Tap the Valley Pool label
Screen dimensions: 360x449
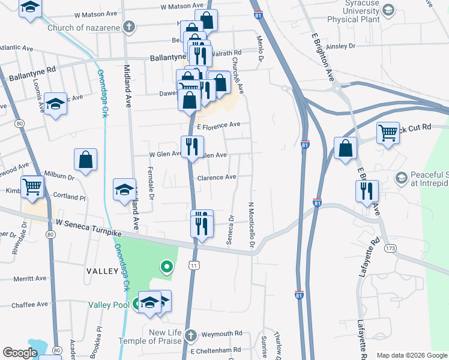(110, 305)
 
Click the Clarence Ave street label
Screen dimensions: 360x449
(217, 178)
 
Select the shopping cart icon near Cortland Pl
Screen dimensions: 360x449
(32, 186)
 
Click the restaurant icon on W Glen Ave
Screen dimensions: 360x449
(192, 147)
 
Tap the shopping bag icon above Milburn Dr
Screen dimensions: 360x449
(85, 160)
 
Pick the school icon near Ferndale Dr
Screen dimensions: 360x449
(124, 190)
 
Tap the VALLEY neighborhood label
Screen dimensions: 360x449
(103, 271)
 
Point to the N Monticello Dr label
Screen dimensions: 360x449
(252, 225)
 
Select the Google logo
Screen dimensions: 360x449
(20, 353)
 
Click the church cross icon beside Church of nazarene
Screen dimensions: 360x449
(128, 26)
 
